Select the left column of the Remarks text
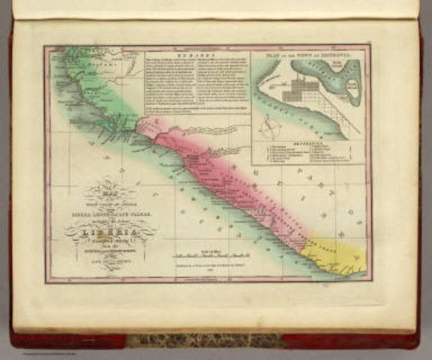(x=169, y=86)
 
